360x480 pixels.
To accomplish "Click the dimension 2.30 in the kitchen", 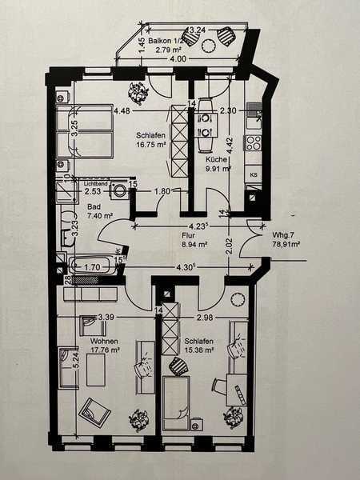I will coord(229,111).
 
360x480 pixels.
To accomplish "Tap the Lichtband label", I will coord(94,183).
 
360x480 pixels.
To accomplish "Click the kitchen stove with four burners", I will coord(254,145).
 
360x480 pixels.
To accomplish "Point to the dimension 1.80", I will coord(161,191).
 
